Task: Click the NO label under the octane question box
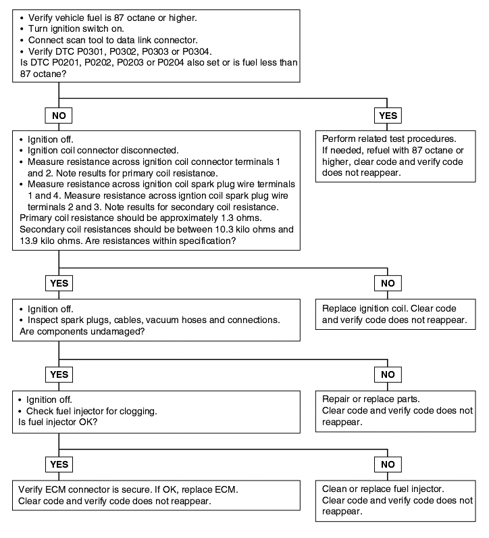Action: pos(59,116)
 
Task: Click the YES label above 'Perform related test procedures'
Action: pos(388,116)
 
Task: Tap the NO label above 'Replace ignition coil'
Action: pos(388,283)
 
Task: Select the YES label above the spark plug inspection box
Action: pos(59,283)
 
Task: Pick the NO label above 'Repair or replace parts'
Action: pos(388,374)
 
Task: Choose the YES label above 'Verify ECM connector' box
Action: pos(59,464)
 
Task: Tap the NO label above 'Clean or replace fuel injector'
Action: pos(388,464)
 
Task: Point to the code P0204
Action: pos(171,62)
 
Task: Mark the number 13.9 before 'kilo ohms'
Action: pos(29,241)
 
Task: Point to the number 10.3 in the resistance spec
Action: pos(224,230)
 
